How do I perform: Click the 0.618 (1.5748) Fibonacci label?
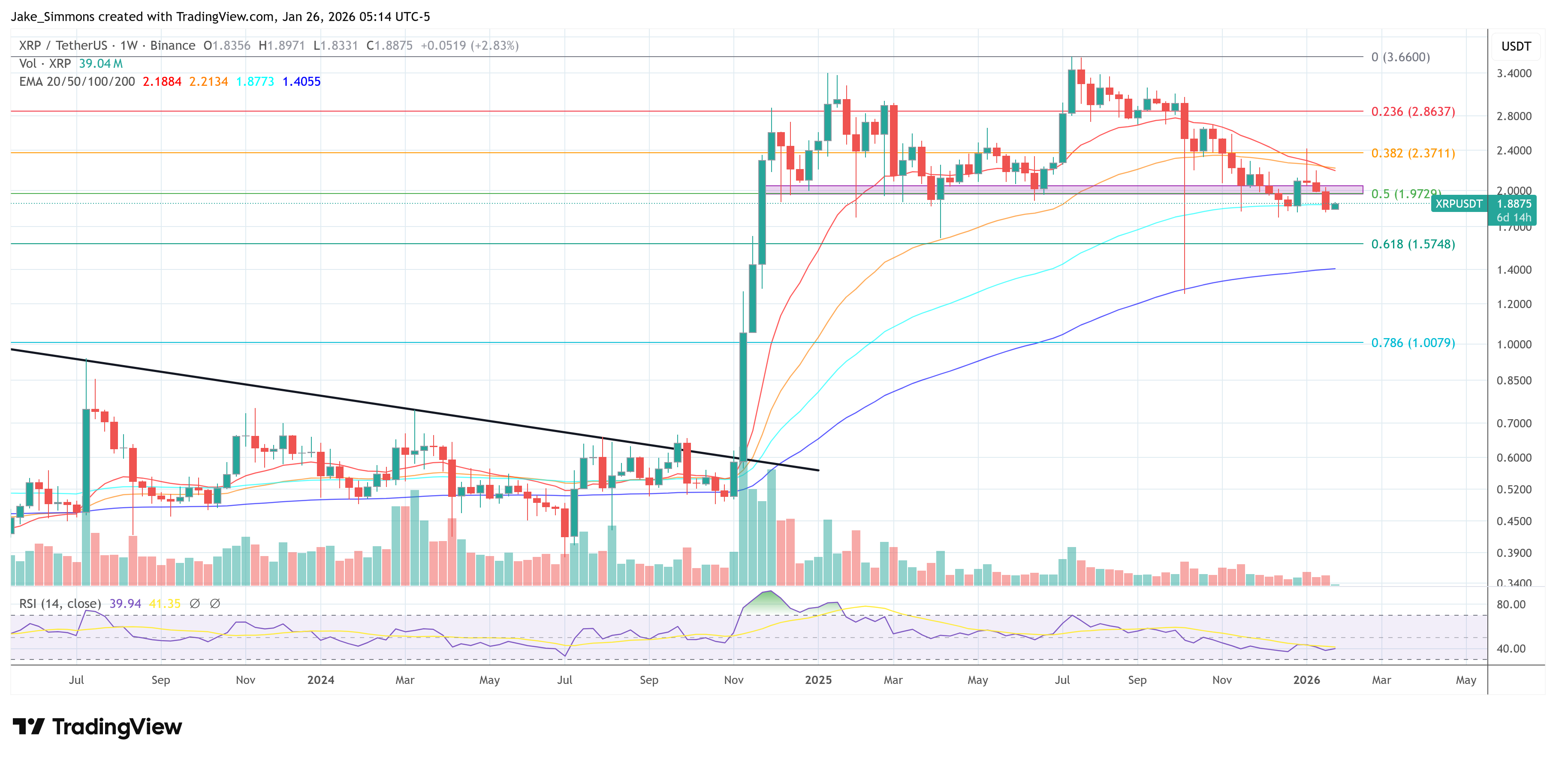1412,244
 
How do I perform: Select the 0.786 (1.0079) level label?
1412,343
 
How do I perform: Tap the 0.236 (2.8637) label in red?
1412,112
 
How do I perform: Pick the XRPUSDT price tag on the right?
1458,204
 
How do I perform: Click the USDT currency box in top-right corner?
1516,46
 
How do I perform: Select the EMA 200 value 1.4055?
302,82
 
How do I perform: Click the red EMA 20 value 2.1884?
162,82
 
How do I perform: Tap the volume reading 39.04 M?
100,64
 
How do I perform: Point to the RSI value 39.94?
125,604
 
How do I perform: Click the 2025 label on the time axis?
818,680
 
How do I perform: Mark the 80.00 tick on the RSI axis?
1511,604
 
